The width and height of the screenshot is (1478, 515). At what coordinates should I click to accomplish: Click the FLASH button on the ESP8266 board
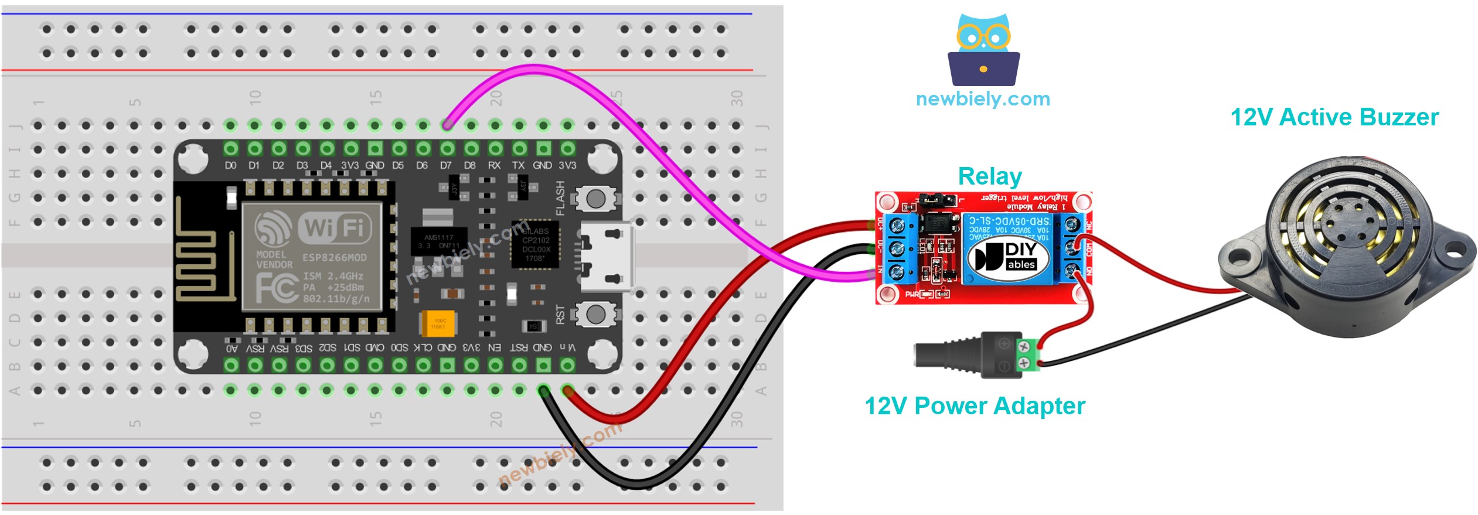[595, 199]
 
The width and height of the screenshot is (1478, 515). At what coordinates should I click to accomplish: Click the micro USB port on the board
[606, 257]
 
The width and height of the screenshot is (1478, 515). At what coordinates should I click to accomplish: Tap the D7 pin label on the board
[446, 166]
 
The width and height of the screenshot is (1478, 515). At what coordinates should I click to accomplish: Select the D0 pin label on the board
[230, 166]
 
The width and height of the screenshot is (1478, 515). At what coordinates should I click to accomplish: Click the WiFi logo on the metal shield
[334, 227]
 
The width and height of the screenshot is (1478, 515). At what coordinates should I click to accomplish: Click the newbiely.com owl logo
[983, 50]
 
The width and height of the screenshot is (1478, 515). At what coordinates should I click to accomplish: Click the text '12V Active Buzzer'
[1334, 117]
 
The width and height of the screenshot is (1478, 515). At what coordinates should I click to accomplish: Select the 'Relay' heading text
[989, 176]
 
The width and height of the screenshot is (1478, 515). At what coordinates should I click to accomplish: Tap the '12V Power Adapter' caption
[975, 406]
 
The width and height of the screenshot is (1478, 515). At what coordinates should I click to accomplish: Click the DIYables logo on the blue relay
[1003, 257]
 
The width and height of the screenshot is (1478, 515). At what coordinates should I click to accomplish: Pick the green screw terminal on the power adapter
[1025, 354]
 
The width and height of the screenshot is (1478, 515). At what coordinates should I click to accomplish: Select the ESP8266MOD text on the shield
[334, 258]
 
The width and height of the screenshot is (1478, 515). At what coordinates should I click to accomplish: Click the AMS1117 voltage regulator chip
[438, 241]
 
